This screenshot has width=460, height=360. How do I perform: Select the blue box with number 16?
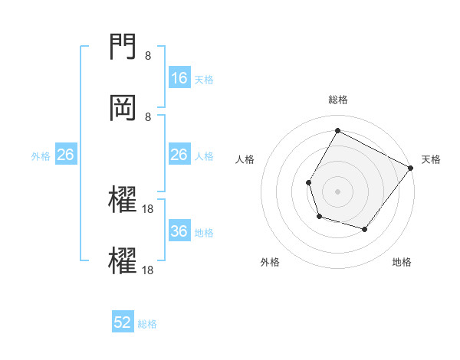tap(179, 77)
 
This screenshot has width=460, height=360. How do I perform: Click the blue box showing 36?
tap(179, 231)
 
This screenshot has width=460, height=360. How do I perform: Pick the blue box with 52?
tap(123, 322)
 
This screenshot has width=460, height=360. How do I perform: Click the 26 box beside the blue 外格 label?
tap(66, 155)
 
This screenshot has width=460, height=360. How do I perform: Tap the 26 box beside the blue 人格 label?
tap(179, 155)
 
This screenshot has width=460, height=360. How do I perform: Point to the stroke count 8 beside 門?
tap(148, 56)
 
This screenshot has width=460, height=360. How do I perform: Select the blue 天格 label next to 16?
tap(204, 79)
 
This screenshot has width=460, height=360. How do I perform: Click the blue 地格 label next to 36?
tap(204, 233)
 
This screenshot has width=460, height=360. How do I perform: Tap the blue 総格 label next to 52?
tap(147, 324)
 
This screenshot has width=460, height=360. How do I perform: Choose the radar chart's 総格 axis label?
tap(337, 100)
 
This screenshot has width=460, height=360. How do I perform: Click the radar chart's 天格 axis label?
tap(431, 159)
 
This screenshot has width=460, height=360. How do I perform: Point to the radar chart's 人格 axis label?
tap(245, 159)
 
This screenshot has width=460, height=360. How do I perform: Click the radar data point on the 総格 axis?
tap(337, 131)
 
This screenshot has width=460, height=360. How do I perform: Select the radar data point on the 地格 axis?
tap(365, 229)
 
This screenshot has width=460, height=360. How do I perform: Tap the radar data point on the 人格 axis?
tap(309, 182)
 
